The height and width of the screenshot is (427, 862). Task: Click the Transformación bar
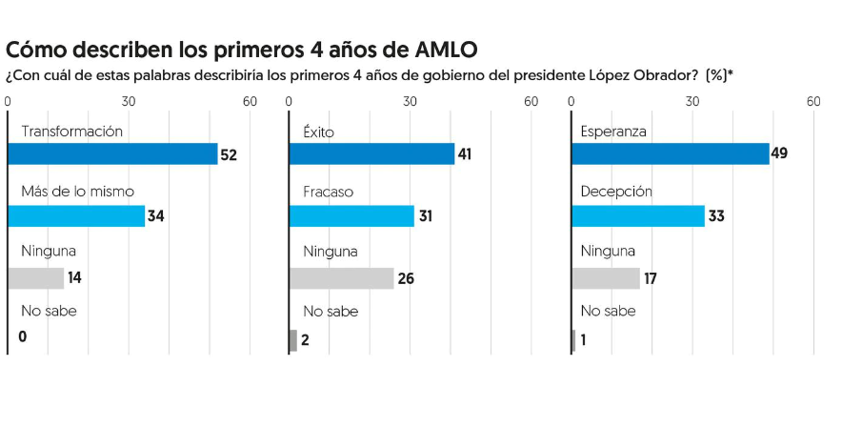(x=112, y=153)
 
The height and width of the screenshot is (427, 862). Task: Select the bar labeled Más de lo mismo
(x=76, y=216)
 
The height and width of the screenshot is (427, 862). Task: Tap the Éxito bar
(x=371, y=153)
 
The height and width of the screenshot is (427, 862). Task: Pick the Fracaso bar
(x=351, y=216)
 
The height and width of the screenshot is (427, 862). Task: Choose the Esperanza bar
(x=670, y=153)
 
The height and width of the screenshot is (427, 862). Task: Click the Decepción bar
(x=637, y=216)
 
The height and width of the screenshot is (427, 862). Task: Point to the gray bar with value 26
(x=341, y=278)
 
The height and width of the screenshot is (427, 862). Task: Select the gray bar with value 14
(x=36, y=278)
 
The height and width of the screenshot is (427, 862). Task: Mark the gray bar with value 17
(x=606, y=278)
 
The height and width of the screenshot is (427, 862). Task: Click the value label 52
(x=229, y=154)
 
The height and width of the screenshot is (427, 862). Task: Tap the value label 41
(x=465, y=154)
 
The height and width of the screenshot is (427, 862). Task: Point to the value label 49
(x=779, y=154)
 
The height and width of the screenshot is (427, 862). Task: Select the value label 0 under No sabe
(x=22, y=337)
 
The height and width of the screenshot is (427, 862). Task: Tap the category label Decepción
(x=616, y=192)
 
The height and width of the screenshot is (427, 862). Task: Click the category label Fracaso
(x=328, y=192)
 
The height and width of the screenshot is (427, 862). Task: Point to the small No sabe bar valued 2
(x=292, y=340)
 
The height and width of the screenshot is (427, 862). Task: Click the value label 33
(x=717, y=216)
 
